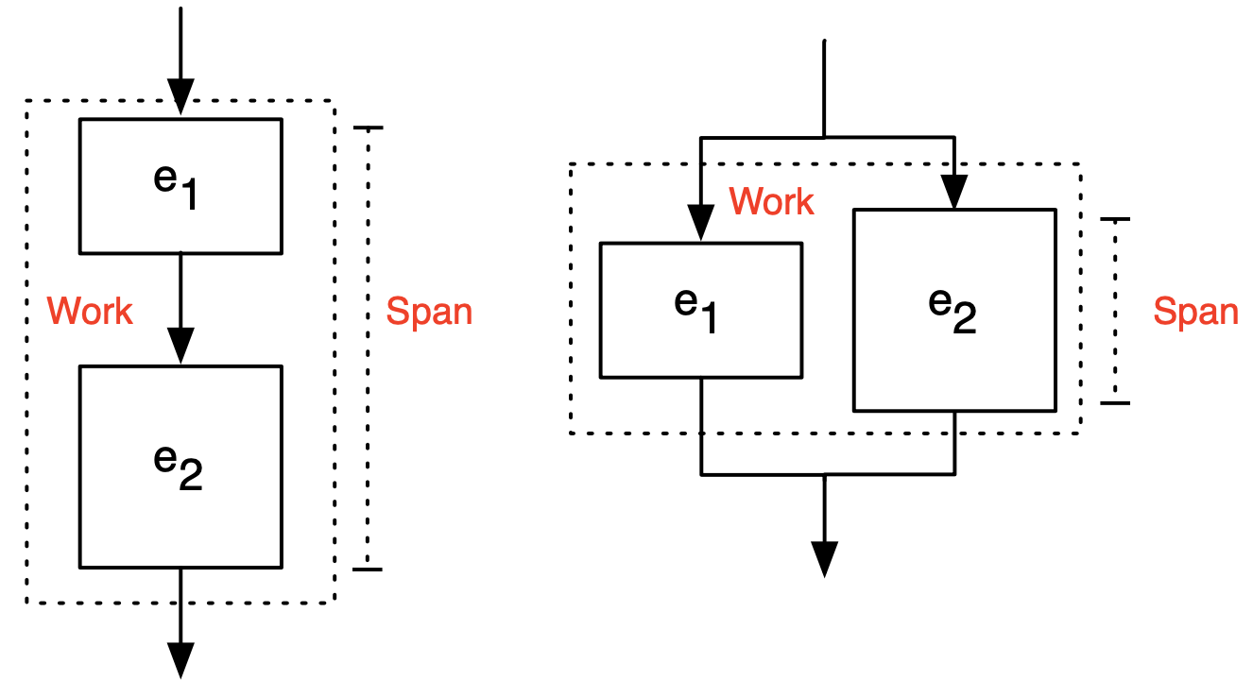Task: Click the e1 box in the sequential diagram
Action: [x=180, y=186]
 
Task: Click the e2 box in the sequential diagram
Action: [x=180, y=467]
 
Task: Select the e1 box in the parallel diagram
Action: [x=701, y=311]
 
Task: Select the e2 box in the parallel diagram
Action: [x=954, y=310]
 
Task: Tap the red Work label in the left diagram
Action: [x=90, y=311]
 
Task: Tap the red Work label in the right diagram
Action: [x=771, y=201]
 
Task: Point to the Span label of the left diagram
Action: [x=429, y=312]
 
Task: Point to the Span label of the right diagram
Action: [x=1195, y=312]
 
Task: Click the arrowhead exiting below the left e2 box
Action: [x=180, y=658]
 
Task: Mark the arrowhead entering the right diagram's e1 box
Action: [x=701, y=224]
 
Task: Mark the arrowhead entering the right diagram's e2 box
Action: [x=954, y=192]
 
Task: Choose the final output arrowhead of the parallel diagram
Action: [x=825, y=559]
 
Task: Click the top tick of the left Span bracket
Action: [x=368, y=127]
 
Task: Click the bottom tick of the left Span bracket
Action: [x=368, y=569]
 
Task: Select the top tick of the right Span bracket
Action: [x=1115, y=219]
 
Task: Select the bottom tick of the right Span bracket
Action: [x=1115, y=403]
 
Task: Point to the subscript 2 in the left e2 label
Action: [x=190, y=478]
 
